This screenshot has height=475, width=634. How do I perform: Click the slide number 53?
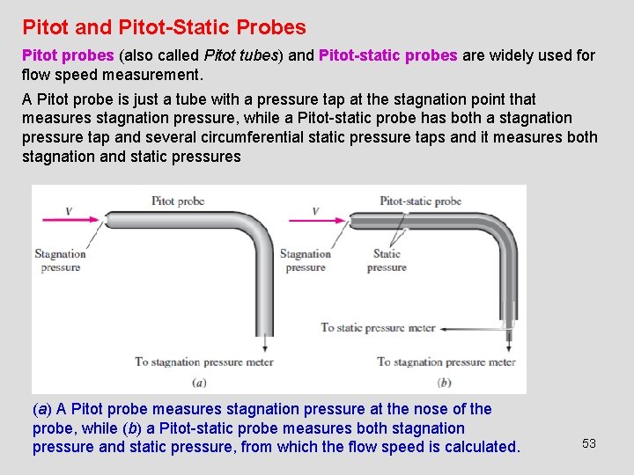click(x=589, y=443)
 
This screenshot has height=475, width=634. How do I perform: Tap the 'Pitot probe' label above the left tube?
click(x=178, y=201)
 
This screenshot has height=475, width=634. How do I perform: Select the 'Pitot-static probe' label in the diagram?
click(x=420, y=201)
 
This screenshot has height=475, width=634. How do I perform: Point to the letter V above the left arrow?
click(x=69, y=201)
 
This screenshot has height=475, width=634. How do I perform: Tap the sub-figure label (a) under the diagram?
click(x=199, y=382)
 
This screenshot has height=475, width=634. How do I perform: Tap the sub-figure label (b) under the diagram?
click(x=444, y=382)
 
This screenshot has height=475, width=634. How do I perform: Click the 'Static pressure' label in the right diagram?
click(x=387, y=260)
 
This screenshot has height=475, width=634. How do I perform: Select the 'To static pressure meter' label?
click(x=378, y=328)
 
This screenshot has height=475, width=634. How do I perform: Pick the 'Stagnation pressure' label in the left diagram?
click(x=60, y=260)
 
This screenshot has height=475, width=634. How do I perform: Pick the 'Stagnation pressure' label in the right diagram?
click(x=306, y=260)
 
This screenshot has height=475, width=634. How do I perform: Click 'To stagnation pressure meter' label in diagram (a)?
click(x=203, y=362)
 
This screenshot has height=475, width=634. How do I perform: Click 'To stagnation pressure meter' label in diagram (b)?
click(x=446, y=362)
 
